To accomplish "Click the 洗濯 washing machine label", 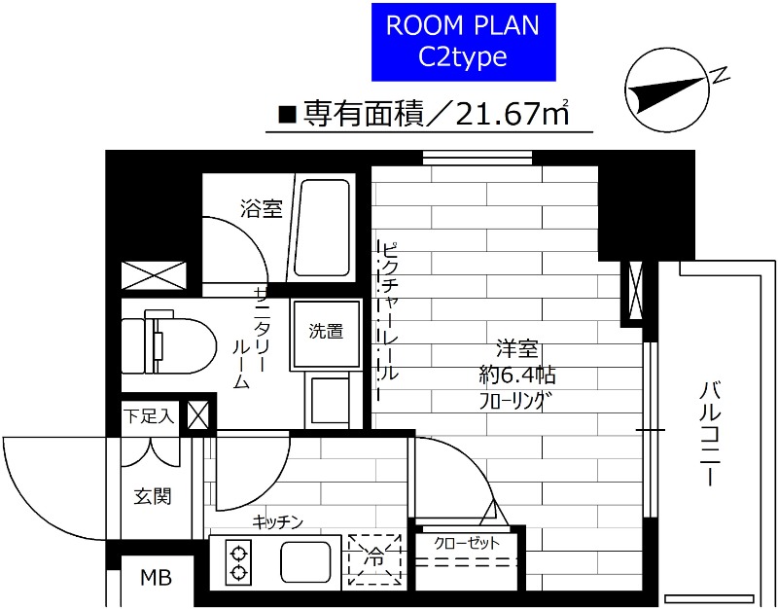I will point(326,331).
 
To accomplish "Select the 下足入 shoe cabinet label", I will point(149,416).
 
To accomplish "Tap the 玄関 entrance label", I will point(153,496).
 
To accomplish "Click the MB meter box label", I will point(155,578).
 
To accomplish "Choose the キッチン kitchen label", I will point(278,521).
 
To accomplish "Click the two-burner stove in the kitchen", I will point(237,561).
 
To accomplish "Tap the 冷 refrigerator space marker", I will point(373,560).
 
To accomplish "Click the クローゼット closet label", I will point(467,543).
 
